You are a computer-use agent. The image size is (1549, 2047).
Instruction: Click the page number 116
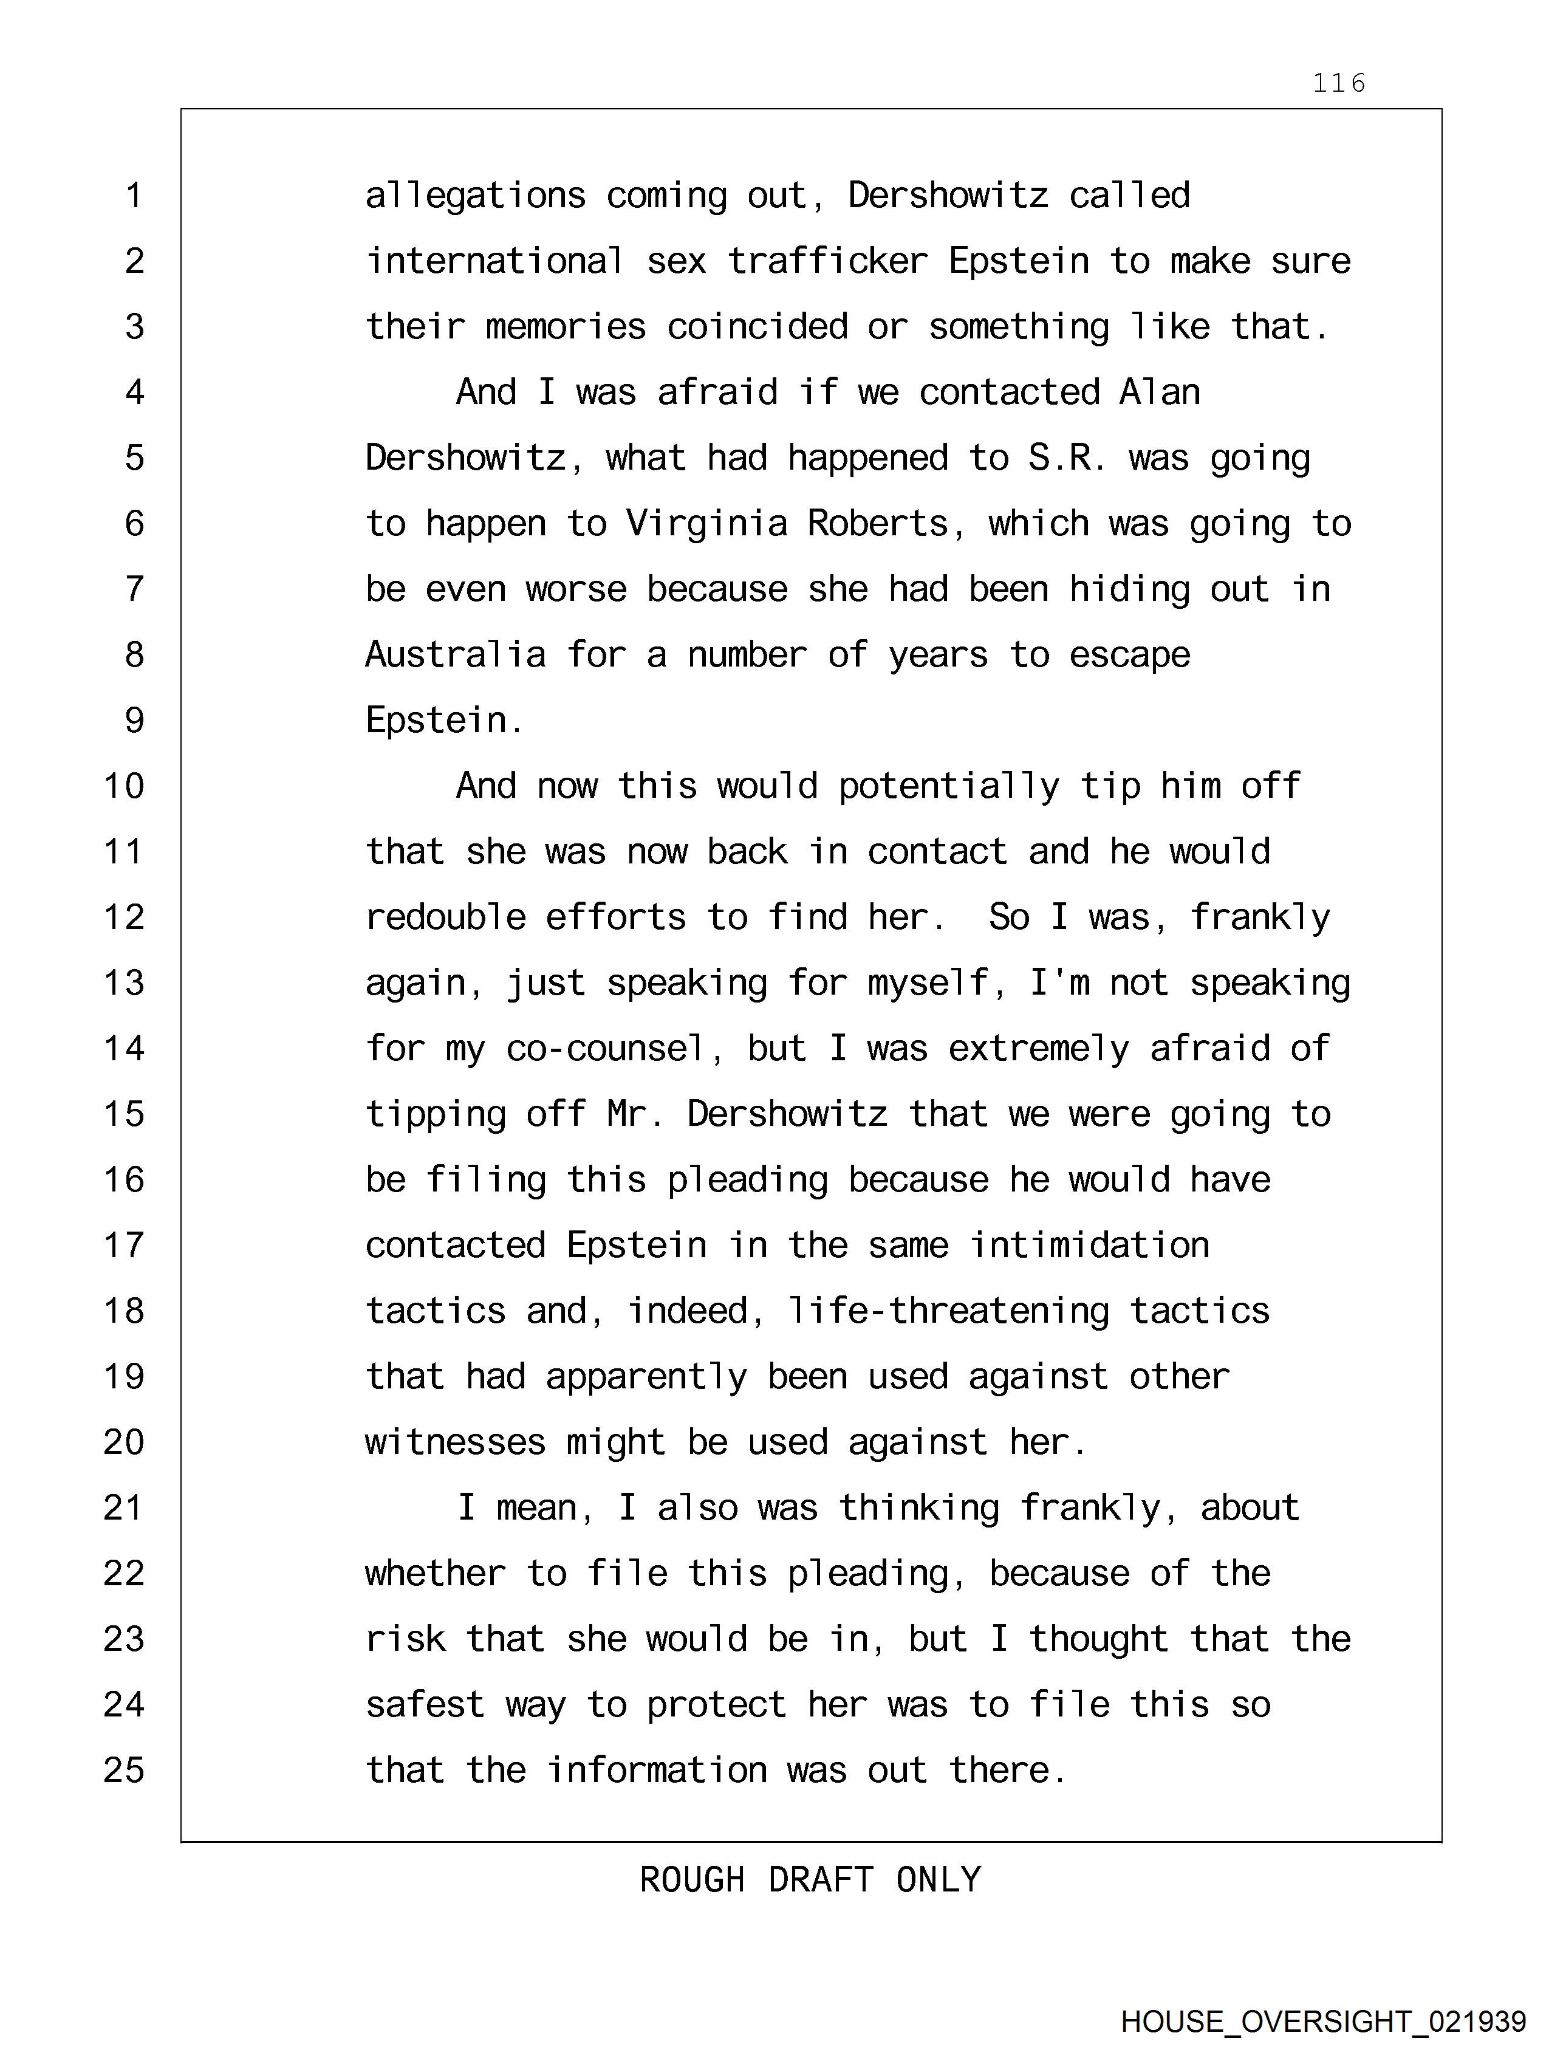click(1338, 83)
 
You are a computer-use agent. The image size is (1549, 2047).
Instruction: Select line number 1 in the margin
click(134, 195)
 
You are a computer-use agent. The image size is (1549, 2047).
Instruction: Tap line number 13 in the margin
click(124, 982)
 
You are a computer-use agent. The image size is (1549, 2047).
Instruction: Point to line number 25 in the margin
click(124, 1771)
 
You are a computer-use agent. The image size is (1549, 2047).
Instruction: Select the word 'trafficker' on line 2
click(827, 261)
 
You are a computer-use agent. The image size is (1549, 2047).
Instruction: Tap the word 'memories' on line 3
click(566, 327)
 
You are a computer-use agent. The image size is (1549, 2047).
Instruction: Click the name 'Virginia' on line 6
click(706, 524)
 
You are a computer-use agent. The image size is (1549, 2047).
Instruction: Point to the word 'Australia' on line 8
click(455, 655)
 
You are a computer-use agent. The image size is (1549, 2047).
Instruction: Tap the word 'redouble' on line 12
click(445, 917)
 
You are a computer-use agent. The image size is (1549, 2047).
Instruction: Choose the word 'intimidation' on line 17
click(1089, 1246)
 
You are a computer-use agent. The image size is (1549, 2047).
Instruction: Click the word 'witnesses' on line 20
click(455, 1442)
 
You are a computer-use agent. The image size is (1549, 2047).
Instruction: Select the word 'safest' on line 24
click(425, 1704)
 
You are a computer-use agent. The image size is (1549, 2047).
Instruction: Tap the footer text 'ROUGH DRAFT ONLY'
click(810, 1879)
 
